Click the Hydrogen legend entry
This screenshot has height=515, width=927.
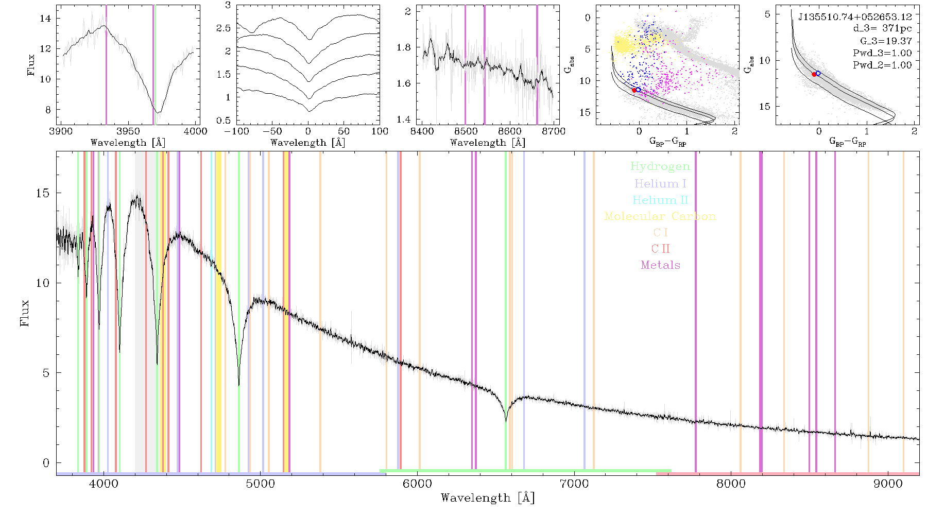[x=660, y=167]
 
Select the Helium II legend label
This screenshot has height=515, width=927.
[x=660, y=200]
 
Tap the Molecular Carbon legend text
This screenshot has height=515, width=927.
[x=660, y=216]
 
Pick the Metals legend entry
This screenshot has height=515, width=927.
[x=660, y=265]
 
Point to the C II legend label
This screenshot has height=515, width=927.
[x=660, y=249]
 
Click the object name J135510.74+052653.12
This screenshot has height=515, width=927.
[x=855, y=17]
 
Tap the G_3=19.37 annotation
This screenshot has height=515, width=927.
[x=886, y=41]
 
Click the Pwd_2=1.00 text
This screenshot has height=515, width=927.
[x=882, y=65]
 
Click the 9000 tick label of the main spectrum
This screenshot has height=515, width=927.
[x=887, y=484]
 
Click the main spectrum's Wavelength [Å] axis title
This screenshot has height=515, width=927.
[x=488, y=498]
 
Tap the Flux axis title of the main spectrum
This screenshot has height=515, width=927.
[x=24, y=313]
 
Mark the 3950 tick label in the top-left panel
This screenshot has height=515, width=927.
[x=128, y=131]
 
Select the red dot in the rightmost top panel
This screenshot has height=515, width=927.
[x=814, y=75]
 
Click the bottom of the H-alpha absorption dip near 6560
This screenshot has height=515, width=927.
[x=506, y=422]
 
